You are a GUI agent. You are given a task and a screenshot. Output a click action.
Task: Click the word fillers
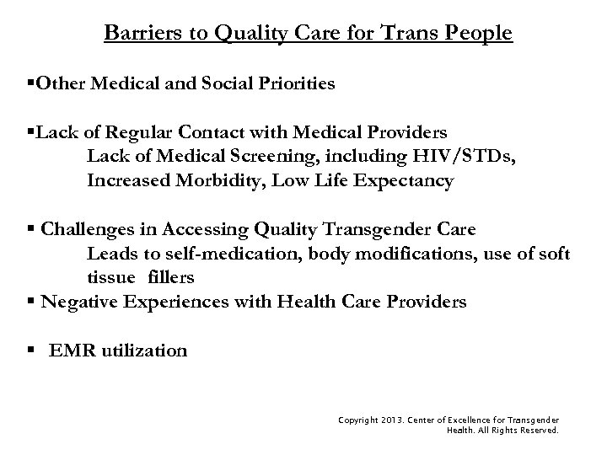pyautogui.click(x=171, y=278)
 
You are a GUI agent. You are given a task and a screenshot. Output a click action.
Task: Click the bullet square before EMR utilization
pyautogui.click(x=31, y=350)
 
